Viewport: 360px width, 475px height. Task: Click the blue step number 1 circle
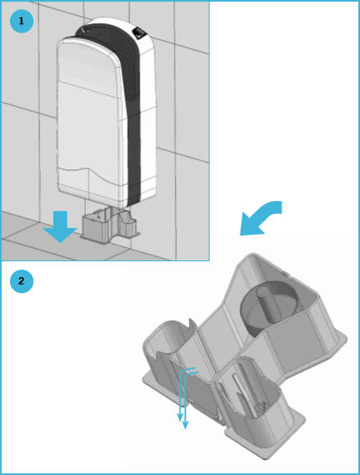click(x=21, y=21)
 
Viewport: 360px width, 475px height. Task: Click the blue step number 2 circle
click(x=21, y=281)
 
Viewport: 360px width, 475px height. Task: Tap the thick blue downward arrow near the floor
click(x=60, y=226)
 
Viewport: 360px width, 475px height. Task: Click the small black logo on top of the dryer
click(x=139, y=32)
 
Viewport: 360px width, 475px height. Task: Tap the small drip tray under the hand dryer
click(x=110, y=225)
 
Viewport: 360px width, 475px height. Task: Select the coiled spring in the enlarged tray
click(x=261, y=407)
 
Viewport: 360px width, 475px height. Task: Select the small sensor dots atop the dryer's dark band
click(x=86, y=29)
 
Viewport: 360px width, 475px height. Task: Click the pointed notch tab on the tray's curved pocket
click(x=191, y=324)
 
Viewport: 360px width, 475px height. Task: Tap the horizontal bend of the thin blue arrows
click(x=190, y=371)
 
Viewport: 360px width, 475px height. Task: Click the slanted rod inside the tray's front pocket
click(x=243, y=394)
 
